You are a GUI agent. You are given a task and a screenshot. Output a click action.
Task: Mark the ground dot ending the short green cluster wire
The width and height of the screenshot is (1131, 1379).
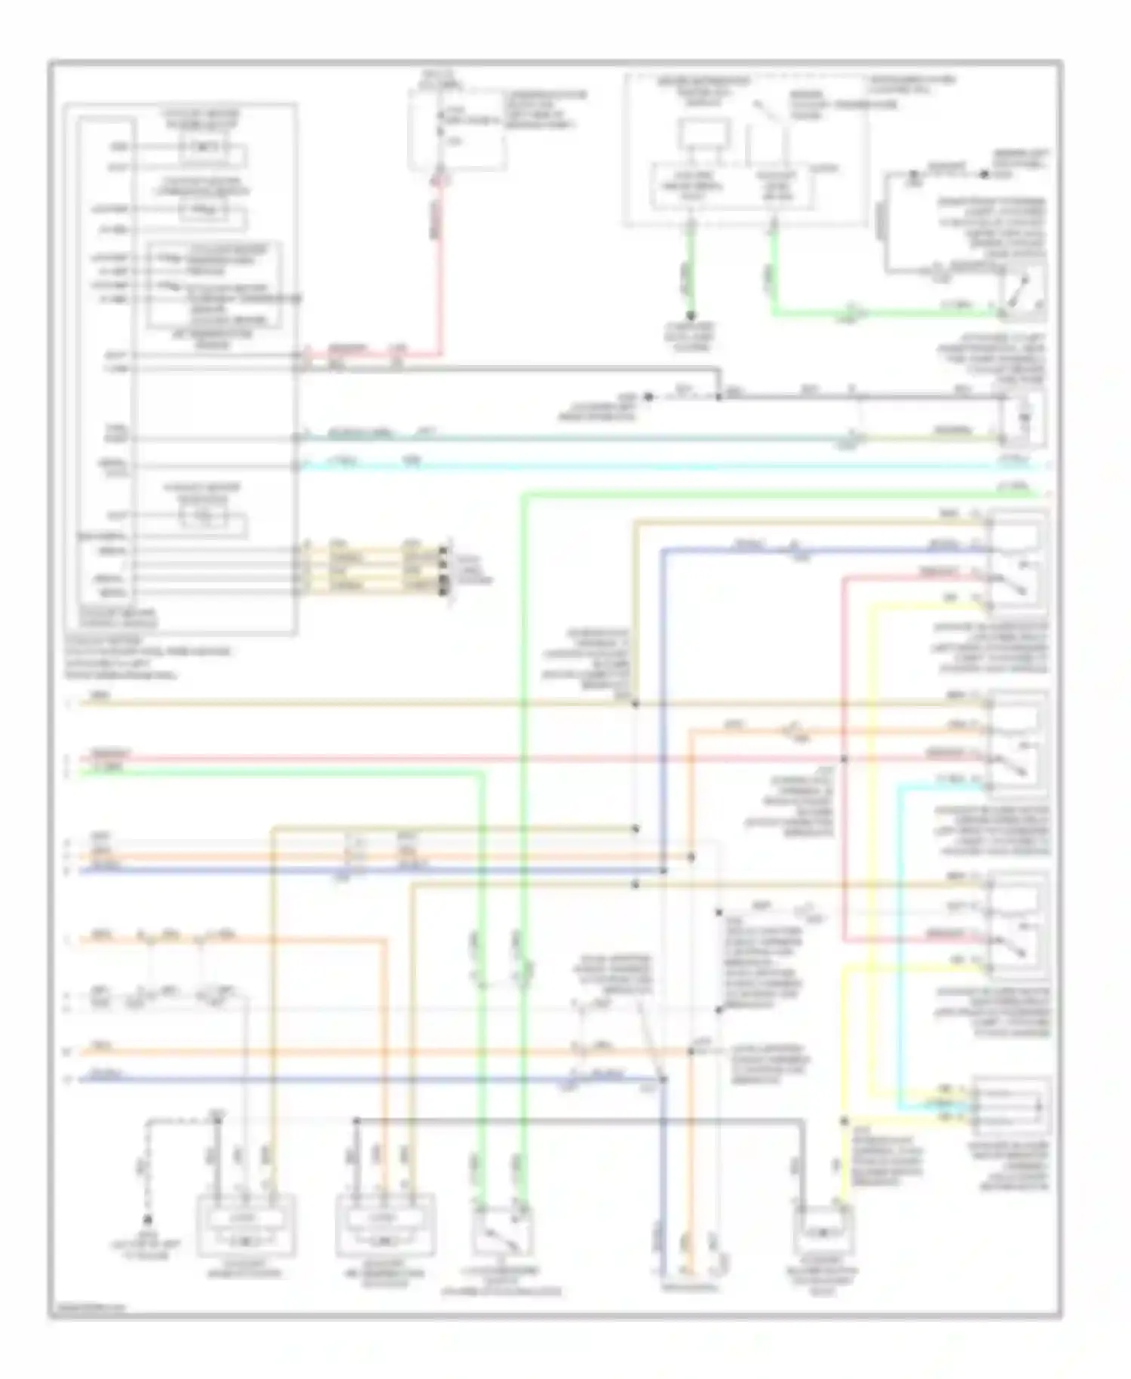pyautogui.click(x=690, y=317)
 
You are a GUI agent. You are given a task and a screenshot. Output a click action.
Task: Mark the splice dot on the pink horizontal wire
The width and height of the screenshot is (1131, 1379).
pyautogui.click(x=844, y=759)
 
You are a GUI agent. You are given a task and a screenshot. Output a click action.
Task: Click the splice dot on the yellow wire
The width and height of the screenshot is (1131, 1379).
pyautogui.click(x=844, y=1121)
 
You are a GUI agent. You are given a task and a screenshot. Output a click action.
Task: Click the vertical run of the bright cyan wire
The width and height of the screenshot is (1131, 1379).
pyautogui.click(x=899, y=943)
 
